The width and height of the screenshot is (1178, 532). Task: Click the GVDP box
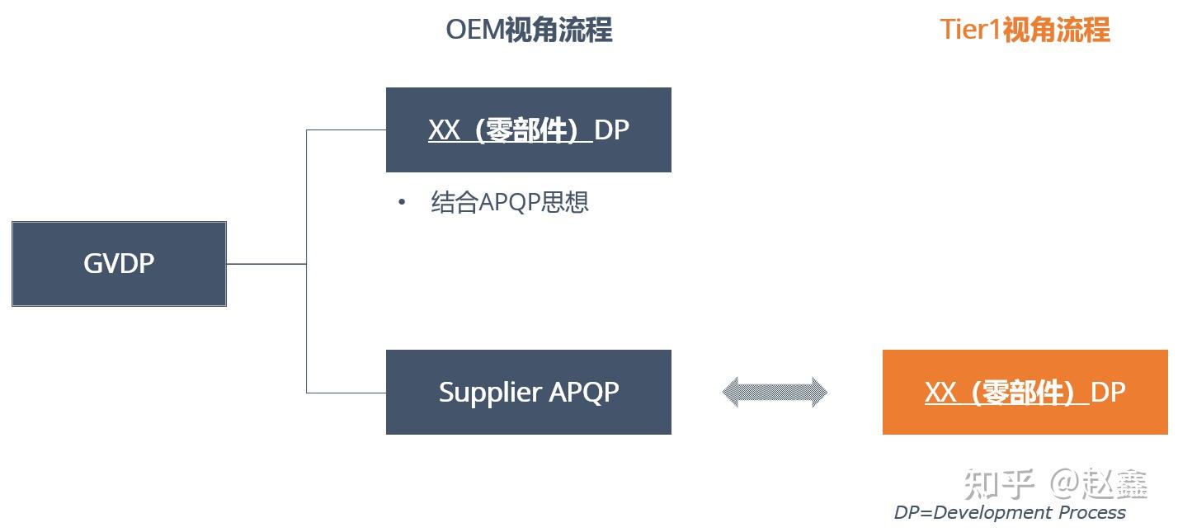119,264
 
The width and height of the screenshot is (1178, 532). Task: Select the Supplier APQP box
528,392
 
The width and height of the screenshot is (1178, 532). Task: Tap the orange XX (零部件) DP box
1025,392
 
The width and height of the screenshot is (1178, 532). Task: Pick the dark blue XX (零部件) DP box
528,129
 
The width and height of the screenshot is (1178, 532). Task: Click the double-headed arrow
775,393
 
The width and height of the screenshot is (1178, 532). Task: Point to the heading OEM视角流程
529,30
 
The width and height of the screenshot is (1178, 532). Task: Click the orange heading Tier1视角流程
1025,30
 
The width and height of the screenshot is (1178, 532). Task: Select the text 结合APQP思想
509,202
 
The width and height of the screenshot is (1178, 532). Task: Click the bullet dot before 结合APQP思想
402,202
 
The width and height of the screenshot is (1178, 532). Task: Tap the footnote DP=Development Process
1009,512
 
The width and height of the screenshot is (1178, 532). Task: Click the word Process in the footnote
1091,512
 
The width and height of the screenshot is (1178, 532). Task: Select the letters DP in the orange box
1108,392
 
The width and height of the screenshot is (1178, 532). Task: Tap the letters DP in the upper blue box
611,129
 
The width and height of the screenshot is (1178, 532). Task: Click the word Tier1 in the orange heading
971,30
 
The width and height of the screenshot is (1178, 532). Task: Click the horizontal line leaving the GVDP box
266,264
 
